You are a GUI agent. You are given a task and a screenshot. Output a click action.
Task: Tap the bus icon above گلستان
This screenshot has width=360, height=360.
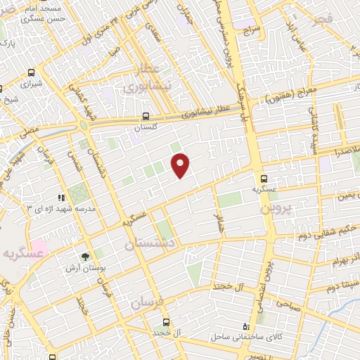(x=146, y=117)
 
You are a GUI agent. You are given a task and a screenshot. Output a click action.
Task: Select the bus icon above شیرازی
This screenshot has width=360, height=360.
(x=32, y=72)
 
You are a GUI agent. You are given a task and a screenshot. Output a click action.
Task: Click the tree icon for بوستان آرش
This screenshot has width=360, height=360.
(x=86, y=257)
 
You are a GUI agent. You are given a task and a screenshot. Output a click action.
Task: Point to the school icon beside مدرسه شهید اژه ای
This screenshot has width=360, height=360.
(x=60, y=198)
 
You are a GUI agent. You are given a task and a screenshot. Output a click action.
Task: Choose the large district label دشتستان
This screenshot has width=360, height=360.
(x=153, y=244)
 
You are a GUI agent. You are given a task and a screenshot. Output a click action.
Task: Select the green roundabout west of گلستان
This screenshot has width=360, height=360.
(x=85, y=125)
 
